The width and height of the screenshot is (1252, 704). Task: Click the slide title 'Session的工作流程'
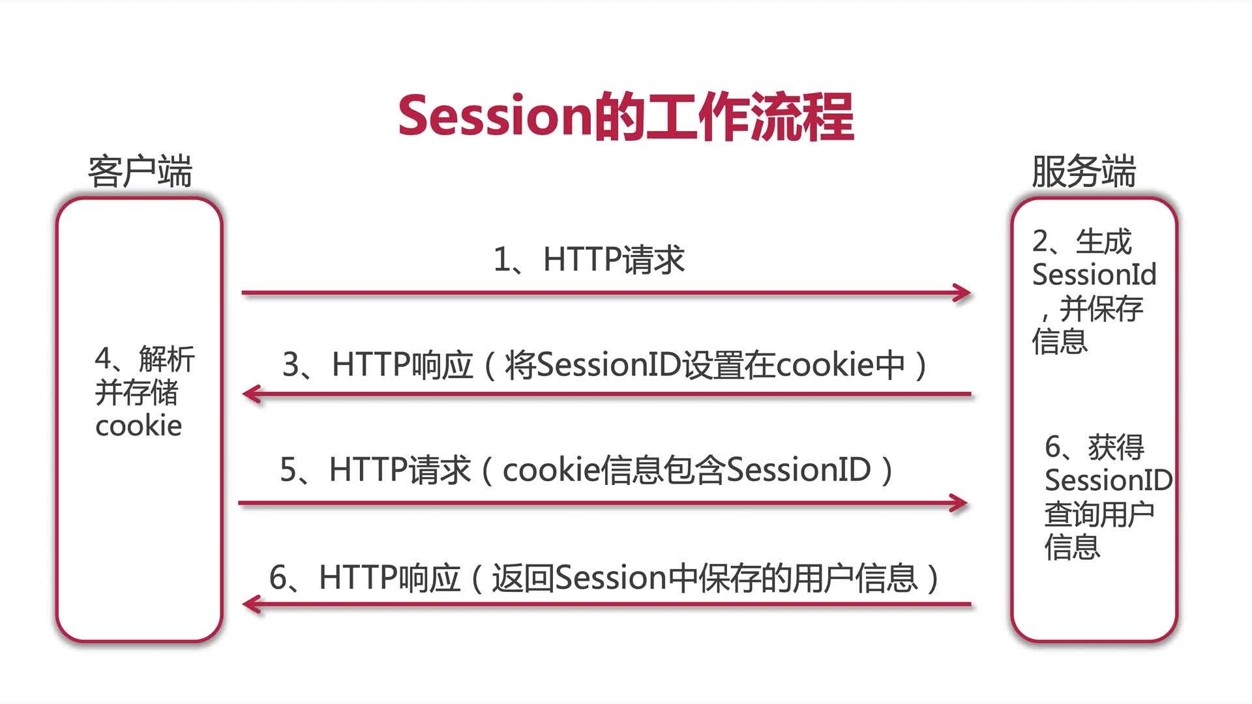click(626, 117)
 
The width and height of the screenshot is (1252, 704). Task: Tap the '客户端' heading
click(140, 171)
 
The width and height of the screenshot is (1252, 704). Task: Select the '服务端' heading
click(1084, 171)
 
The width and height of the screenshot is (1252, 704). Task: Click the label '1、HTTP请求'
click(589, 259)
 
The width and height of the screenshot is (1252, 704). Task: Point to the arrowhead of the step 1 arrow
click(963, 293)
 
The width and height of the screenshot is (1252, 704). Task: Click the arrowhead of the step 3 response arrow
click(251, 394)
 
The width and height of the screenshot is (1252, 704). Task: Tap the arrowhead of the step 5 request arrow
click(959, 503)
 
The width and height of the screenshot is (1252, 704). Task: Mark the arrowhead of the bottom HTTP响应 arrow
click(251, 604)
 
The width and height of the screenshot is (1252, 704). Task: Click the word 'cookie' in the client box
click(138, 426)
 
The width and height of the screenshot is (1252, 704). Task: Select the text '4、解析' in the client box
click(145, 359)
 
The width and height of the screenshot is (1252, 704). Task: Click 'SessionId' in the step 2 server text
click(1094, 274)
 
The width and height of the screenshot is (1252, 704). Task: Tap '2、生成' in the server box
click(1082, 241)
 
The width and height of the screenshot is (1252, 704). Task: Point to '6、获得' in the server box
click(1095, 447)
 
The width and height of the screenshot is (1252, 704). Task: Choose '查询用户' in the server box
click(1099, 514)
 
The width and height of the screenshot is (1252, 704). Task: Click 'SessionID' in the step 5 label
click(799, 470)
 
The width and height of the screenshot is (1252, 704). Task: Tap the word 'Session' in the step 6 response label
click(612, 578)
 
